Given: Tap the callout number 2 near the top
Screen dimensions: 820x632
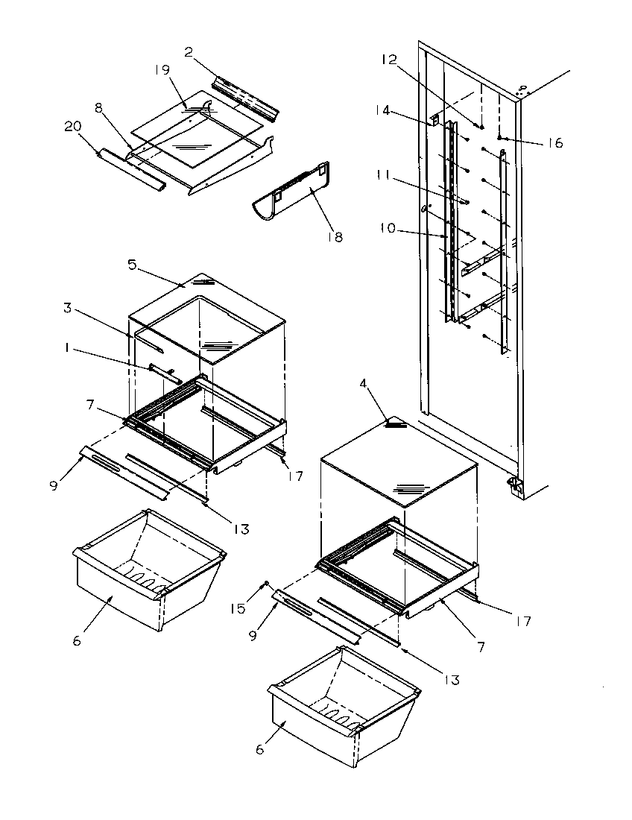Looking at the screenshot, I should (189, 51).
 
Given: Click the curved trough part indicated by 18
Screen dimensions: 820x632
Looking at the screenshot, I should (291, 194).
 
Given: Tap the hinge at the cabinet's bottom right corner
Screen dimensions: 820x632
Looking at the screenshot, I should (513, 485).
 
